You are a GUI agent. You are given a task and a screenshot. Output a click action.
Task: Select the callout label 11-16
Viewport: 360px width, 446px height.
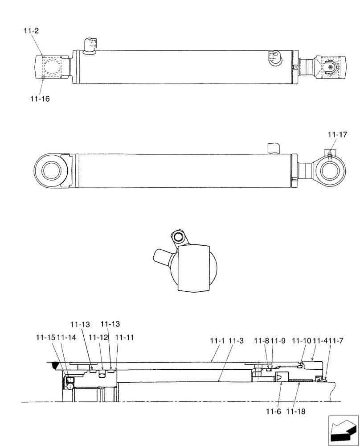click(x=40, y=99)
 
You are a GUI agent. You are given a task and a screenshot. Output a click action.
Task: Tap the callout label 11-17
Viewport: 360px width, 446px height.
click(x=337, y=134)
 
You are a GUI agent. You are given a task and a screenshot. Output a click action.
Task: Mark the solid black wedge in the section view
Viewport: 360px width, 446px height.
click(x=54, y=366)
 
